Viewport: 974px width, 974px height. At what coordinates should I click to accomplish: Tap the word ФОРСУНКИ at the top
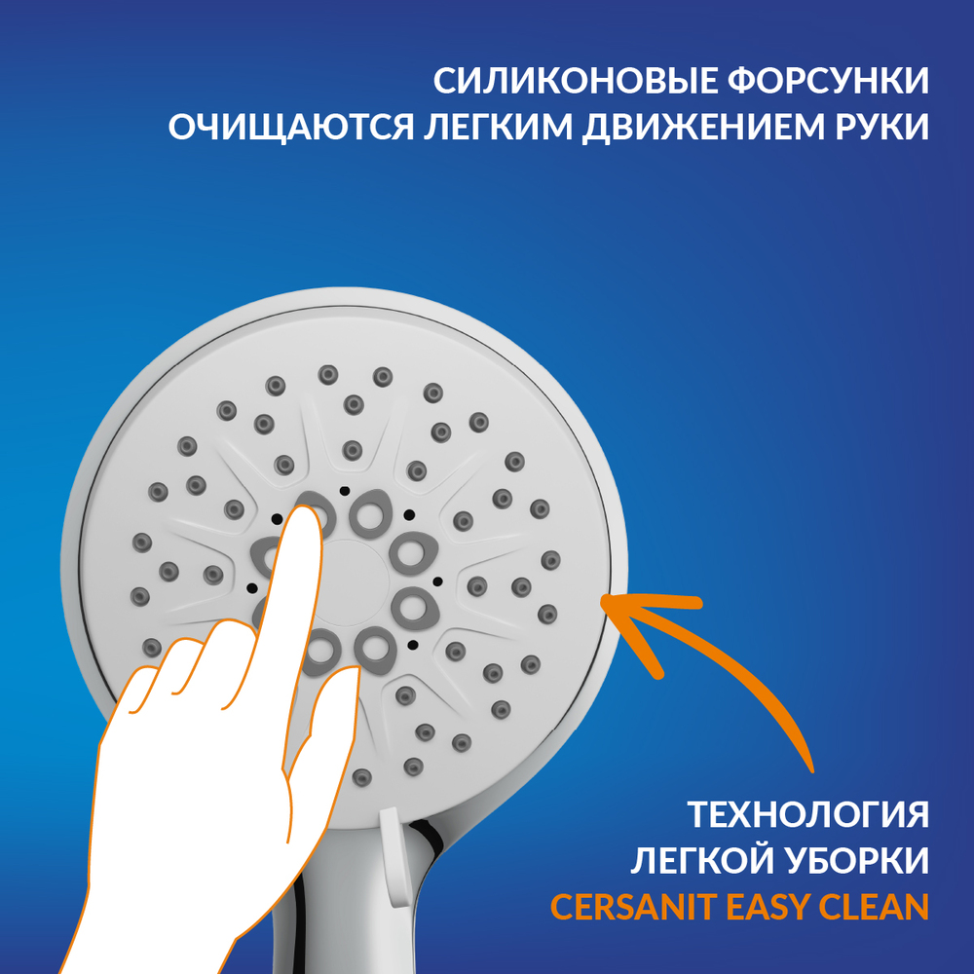coord(829,81)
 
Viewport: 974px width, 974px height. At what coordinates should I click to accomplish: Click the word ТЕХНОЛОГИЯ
coord(808,813)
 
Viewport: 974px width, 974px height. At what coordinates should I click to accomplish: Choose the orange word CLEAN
coord(874,908)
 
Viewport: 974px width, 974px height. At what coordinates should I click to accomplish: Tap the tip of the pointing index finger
coord(304,507)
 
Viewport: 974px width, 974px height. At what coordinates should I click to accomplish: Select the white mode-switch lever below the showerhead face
coord(391,857)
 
